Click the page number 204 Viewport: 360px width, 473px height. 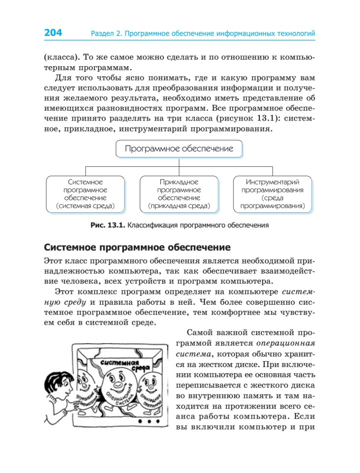tap(53, 33)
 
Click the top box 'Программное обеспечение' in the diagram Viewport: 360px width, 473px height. tap(179, 149)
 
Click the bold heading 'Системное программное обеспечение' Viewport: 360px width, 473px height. tap(137, 248)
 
